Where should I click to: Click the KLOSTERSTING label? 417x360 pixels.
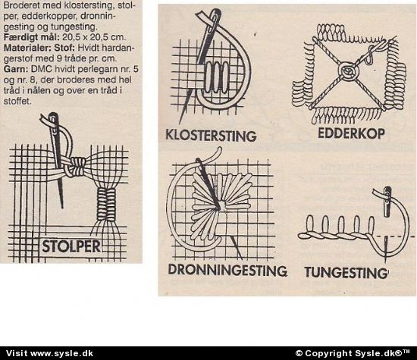(x=211, y=136)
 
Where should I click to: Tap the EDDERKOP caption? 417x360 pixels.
(x=351, y=133)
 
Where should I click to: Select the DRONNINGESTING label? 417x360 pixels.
(x=227, y=270)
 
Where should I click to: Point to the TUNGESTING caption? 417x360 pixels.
(x=346, y=273)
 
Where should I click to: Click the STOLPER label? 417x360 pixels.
(x=71, y=246)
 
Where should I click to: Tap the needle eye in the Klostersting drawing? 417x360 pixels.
(x=215, y=20)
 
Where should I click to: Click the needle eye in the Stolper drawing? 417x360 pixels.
(x=54, y=123)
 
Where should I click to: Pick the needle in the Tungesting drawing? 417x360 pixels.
(x=387, y=202)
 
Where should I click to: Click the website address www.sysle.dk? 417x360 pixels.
(x=62, y=353)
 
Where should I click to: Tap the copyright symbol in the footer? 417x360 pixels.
(x=299, y=353)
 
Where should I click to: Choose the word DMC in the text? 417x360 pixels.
(x=40, y=69)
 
